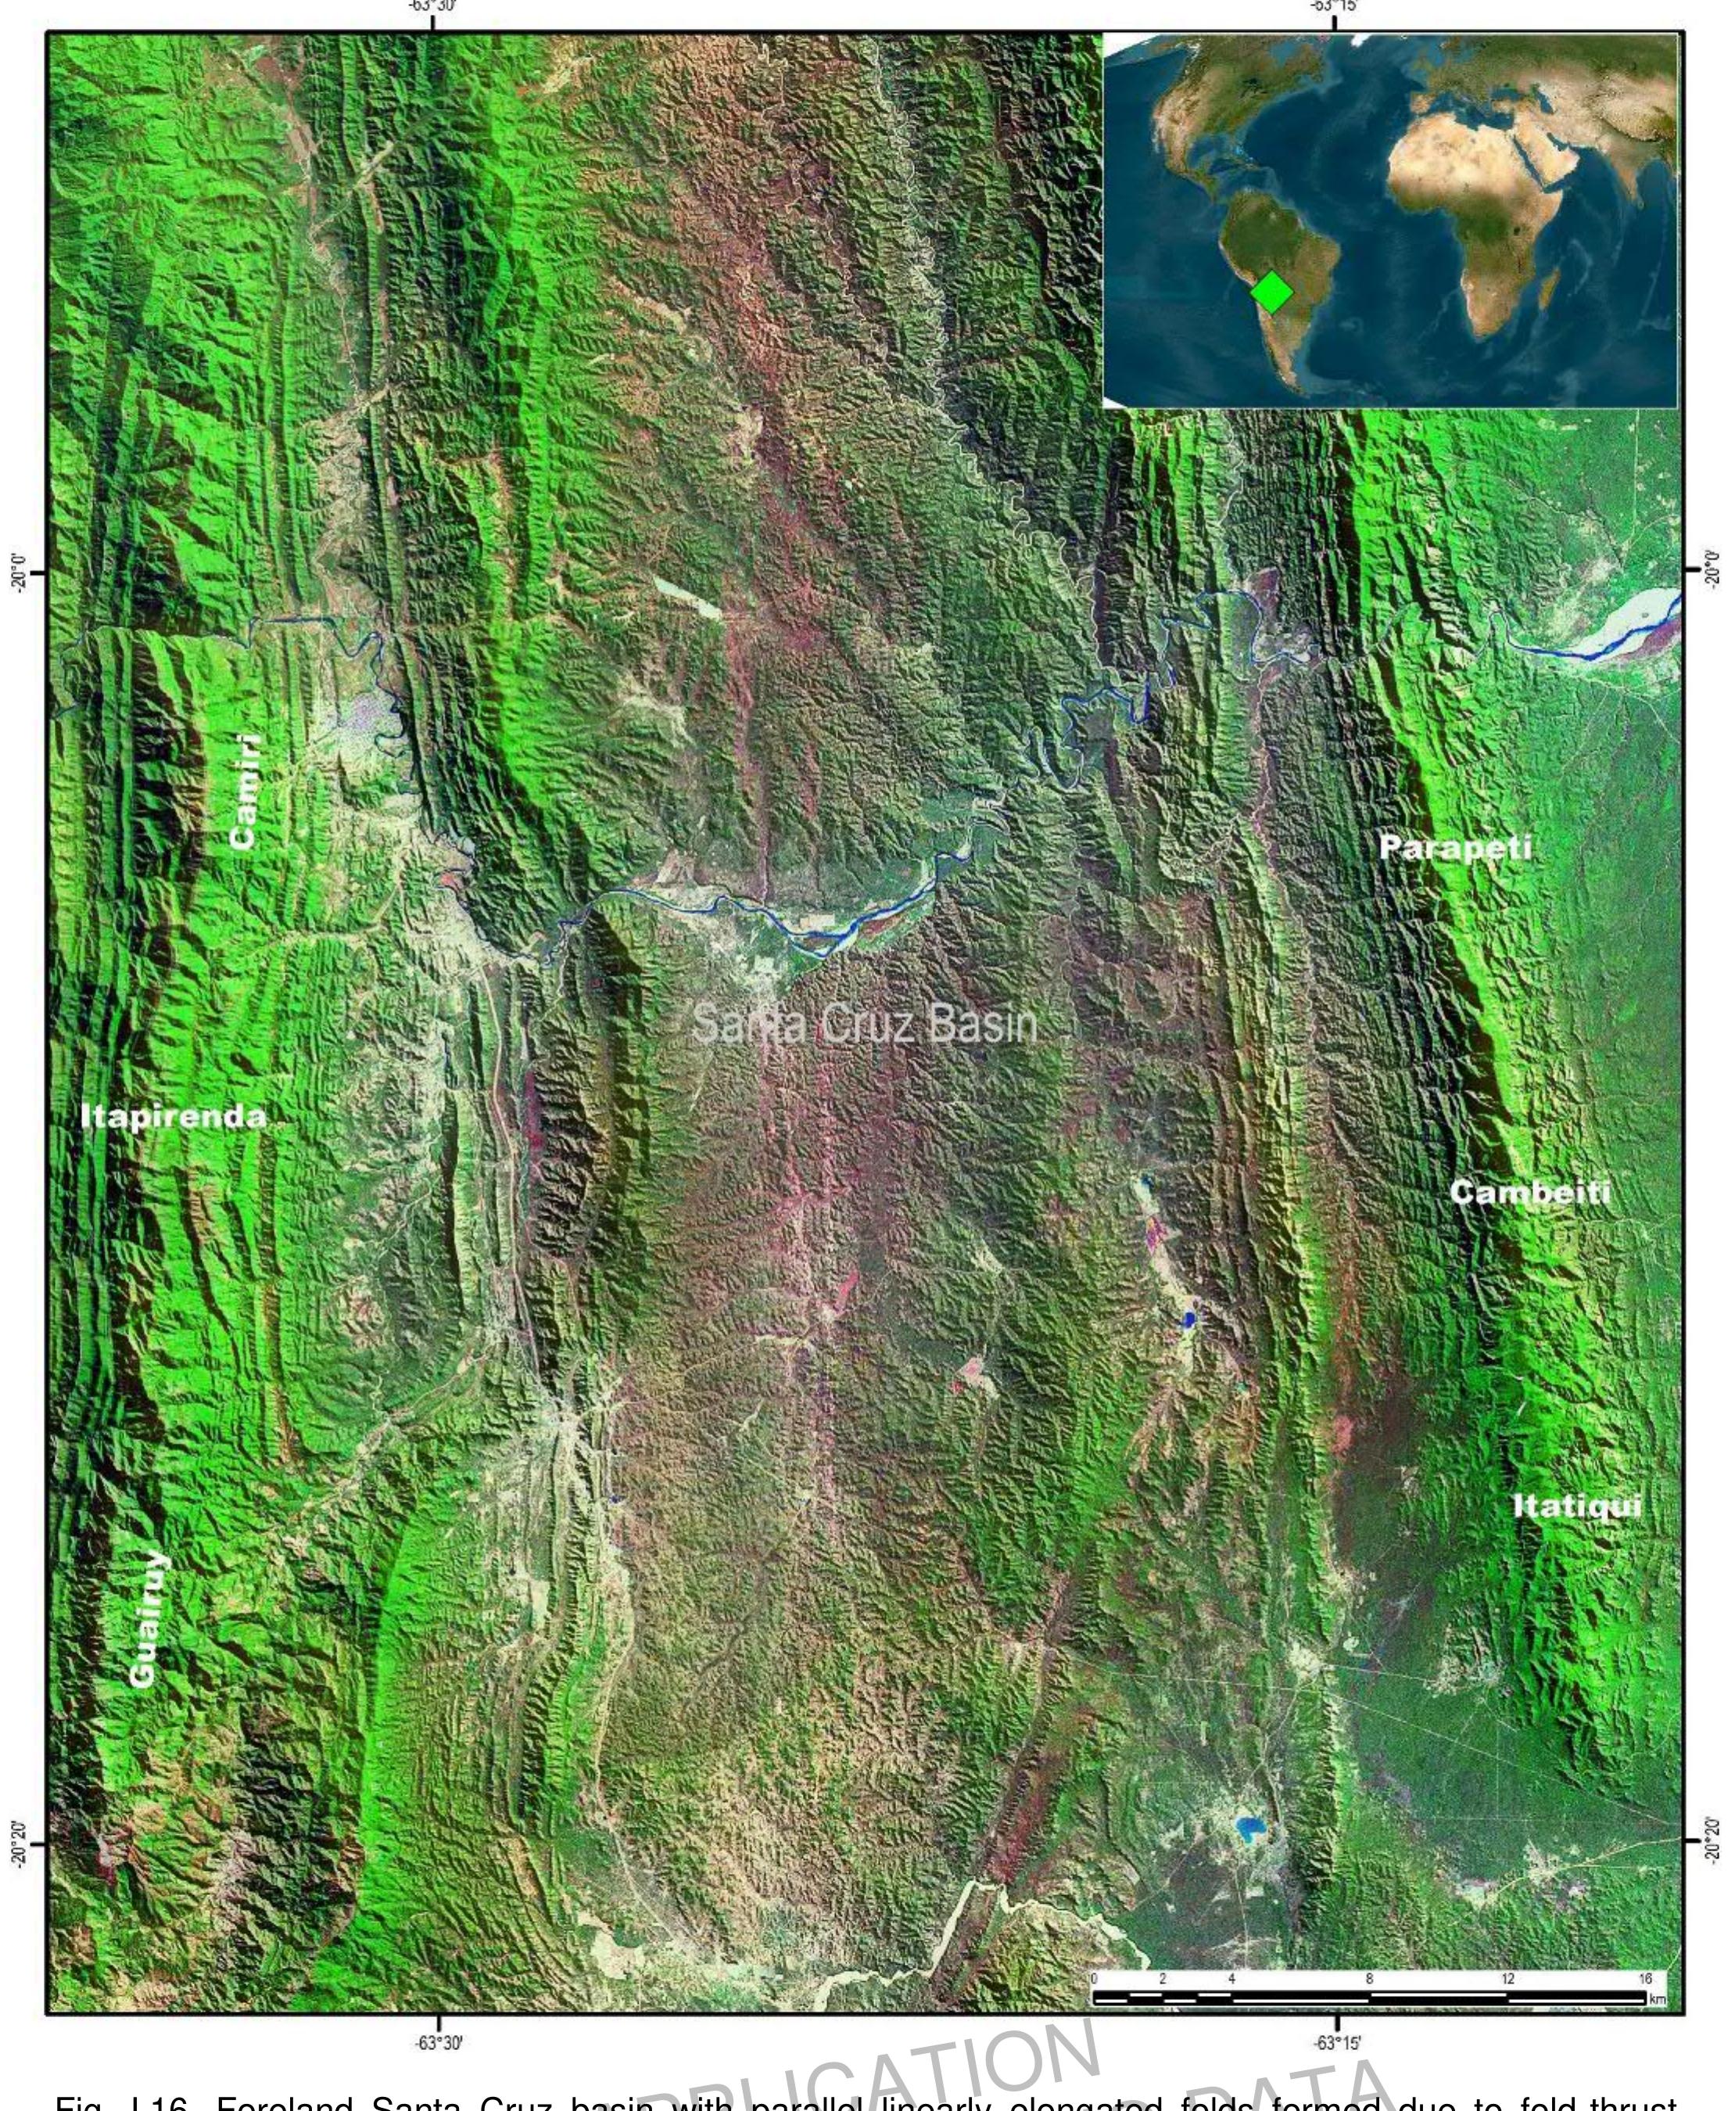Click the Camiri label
click(x=245, y=792)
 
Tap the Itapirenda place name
click(x=173, y=1116)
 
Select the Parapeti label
click(x=1454, y=848)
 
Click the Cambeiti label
click(x=1529, y=1193)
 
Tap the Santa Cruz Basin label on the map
click(x=865, y=1024)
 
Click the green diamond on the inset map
click(x=1271, y=292)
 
